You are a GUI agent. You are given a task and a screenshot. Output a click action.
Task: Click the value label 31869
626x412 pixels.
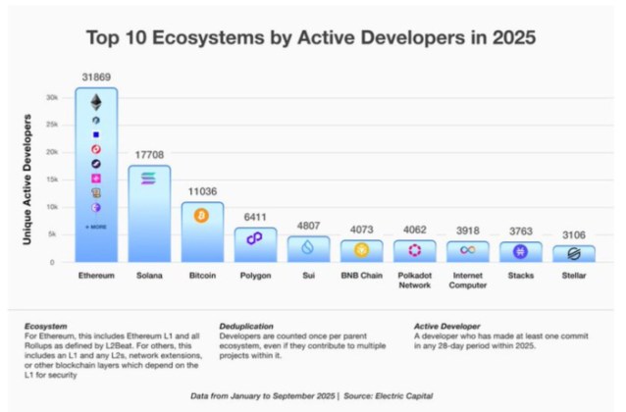point(96,77)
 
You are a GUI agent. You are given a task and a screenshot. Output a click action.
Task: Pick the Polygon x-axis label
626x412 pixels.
point(255,277)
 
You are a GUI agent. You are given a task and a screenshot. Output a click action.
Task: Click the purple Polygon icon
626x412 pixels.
point(255,238)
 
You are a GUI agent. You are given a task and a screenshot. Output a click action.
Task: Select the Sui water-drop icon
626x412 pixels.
point(308,246)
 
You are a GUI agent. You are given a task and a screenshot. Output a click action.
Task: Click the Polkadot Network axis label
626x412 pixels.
point(414,282)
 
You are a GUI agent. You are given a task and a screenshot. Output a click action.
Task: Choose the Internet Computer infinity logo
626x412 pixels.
point(467,250)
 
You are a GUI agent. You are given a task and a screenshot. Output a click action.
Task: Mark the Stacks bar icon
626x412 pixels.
point(520,251)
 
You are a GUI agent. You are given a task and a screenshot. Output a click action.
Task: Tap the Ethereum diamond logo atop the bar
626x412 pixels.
point(96,101)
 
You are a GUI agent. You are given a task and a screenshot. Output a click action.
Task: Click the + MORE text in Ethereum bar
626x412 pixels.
point(96,227)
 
